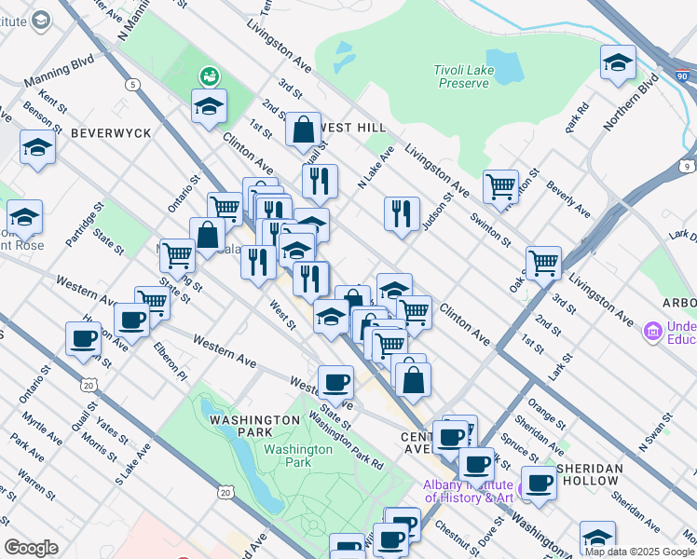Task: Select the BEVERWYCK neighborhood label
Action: pos(110,133)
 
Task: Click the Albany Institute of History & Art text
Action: pos(469,491)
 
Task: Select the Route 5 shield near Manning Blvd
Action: pos(135,85)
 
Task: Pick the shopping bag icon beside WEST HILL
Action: pos(304,130)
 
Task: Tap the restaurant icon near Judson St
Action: pos(402,212)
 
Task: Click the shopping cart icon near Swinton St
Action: pos(501,186)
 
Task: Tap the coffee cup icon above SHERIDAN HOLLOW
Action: pos(539,483)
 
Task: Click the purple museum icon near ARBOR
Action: pos(652,330)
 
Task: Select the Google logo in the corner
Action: pos(31,547)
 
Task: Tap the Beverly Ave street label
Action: pos(568,198)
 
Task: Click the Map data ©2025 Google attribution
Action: pos(639,552)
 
